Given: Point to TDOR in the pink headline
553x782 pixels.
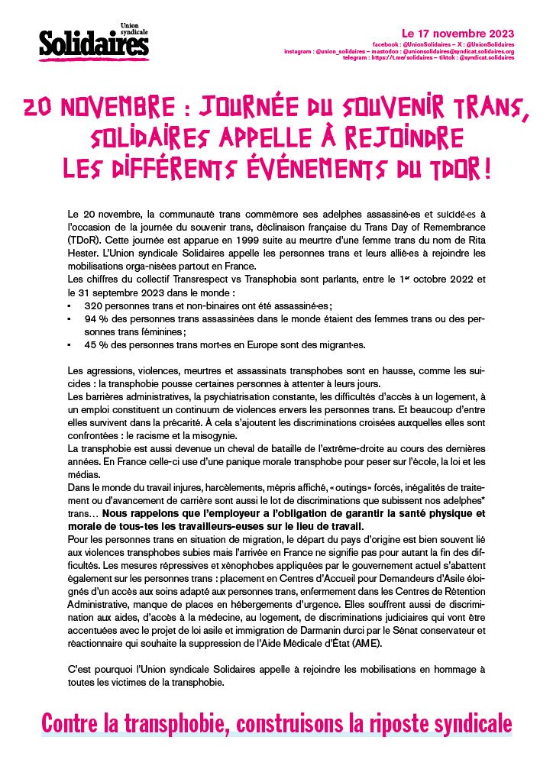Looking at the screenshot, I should (457, 167).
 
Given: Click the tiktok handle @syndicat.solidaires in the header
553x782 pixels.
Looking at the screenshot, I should (483, 57).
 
